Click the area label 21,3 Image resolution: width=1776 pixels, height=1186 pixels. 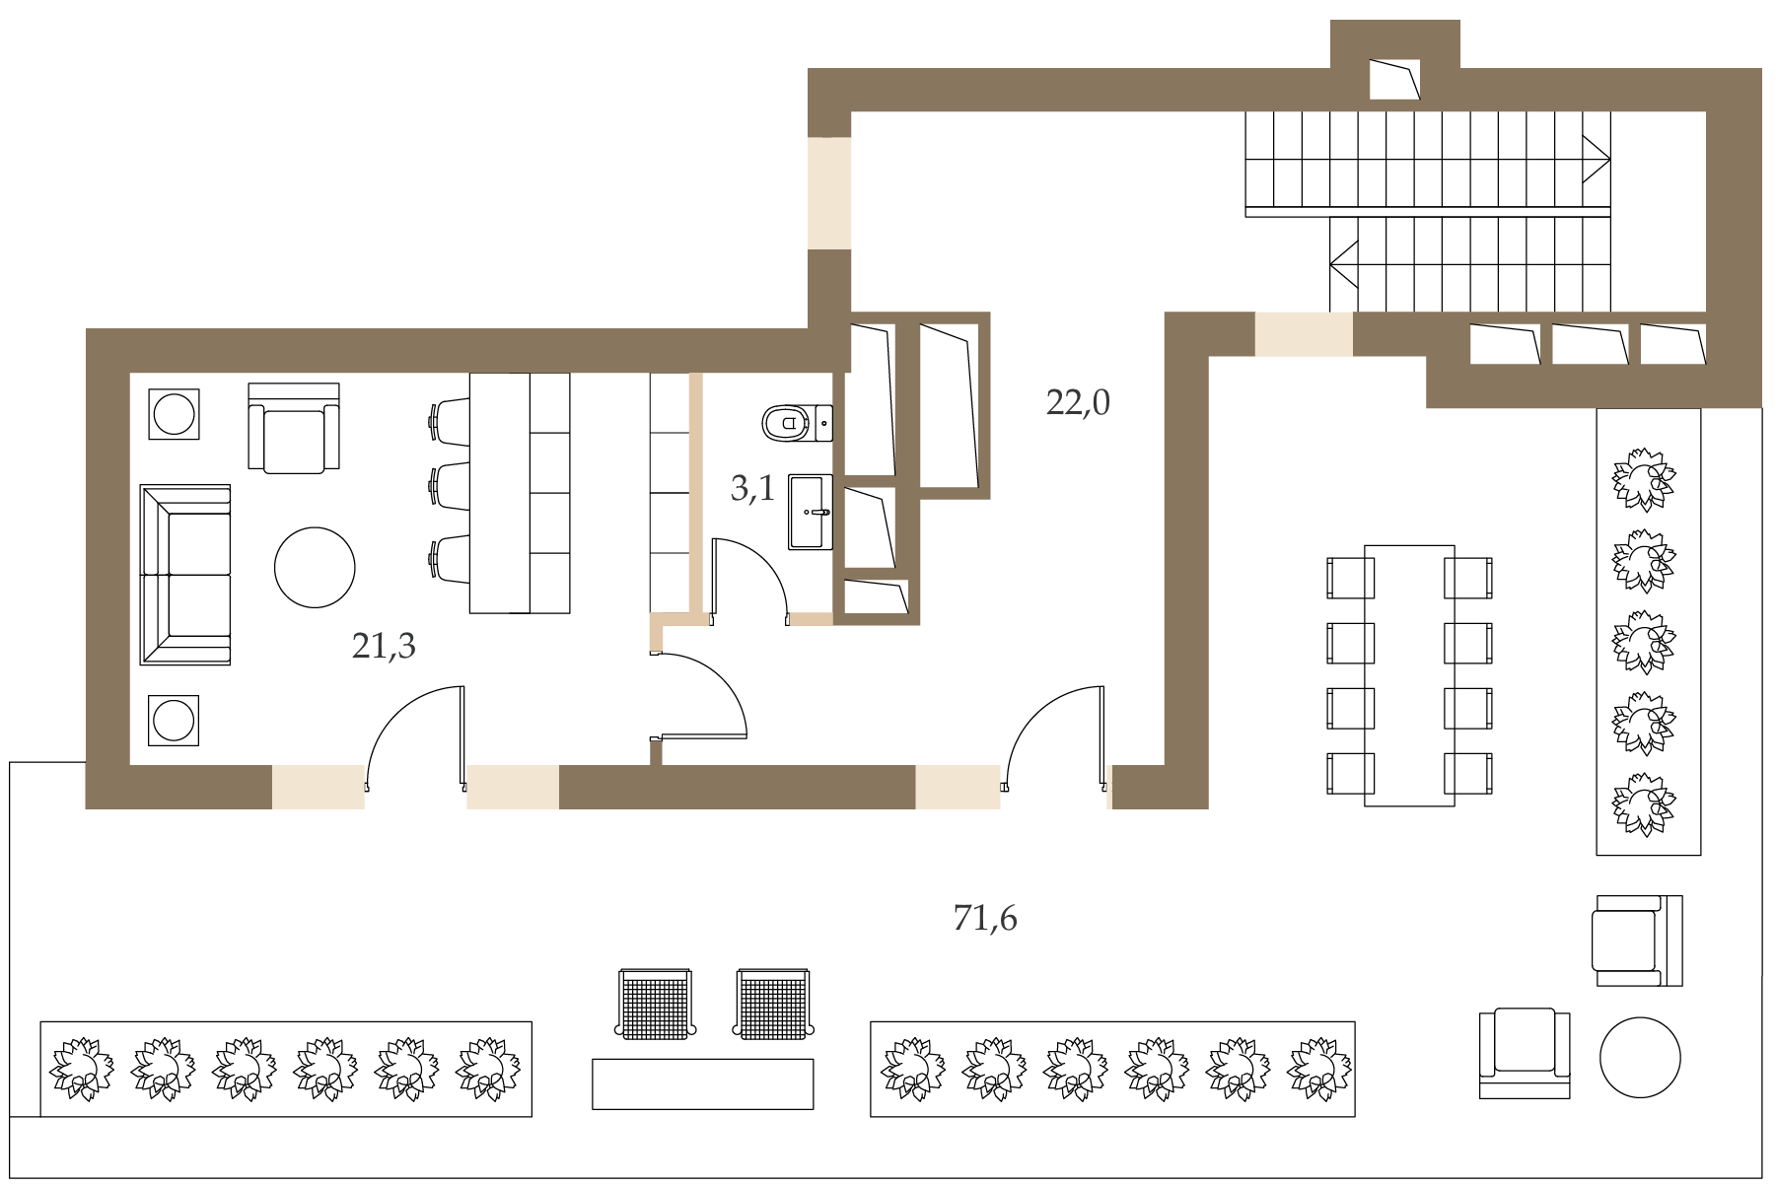[x=384, y=647]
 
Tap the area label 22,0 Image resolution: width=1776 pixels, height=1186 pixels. [x=1078, y=403]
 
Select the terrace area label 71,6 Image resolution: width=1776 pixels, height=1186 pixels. [x=985, y=919]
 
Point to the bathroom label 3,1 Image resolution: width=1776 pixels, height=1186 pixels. [x=752, y=489]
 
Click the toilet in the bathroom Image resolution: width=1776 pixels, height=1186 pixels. [x=797, y=423]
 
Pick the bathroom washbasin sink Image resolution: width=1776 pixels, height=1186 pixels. [x=811, y=512]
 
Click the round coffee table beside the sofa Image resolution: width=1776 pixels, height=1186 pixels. [x=315, y=567]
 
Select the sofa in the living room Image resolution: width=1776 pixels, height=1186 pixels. [x=185, y=575]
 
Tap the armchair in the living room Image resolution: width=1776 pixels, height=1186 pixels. [x=294, y=428]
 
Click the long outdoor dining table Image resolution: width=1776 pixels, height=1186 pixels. [x=1409, y=675]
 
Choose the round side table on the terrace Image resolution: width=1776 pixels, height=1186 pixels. [x=1639, y=1057]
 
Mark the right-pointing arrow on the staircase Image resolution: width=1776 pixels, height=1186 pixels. [x=1597, y=159]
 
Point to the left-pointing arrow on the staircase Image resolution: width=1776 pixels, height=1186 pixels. [x=1344, y=264]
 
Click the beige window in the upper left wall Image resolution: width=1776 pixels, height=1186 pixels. [x=829, y=193]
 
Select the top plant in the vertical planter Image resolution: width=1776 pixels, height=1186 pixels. [x=1644, y=480]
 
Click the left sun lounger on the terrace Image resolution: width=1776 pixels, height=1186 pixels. [x=656, y=1005]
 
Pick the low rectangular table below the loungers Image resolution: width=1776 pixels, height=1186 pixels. [x=703, y=1084]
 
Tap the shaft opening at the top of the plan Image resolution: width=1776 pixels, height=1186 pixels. [x=1394, y=79]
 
